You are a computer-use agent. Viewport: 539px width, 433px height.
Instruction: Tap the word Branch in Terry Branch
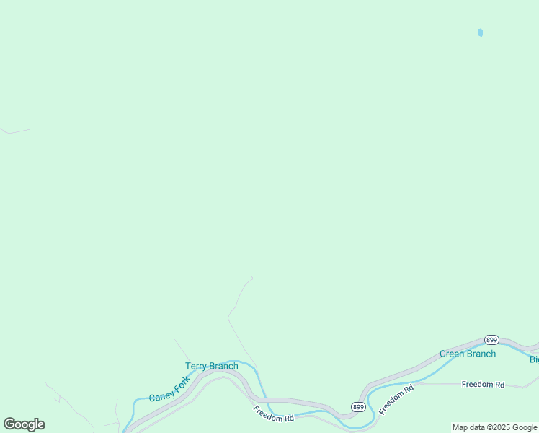[223, 367]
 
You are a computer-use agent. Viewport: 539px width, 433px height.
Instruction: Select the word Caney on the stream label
[161, 394]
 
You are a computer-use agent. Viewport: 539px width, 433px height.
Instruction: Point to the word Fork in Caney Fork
[182, 382]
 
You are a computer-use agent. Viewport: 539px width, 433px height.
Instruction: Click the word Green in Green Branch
[452, 354]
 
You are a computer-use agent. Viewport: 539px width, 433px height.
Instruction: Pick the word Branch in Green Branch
[481, 354]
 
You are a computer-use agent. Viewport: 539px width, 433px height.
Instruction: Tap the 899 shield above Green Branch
[491, 339]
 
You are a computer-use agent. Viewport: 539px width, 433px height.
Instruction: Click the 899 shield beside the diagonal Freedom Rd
[358, 407]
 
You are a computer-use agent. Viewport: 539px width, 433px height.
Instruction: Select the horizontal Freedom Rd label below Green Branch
[483, 385]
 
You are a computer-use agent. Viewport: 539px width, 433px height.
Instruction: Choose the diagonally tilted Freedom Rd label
[396, 399]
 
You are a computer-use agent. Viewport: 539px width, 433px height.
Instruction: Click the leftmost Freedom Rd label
[274, 414]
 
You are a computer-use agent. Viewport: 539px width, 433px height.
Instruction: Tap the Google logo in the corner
[24, 424]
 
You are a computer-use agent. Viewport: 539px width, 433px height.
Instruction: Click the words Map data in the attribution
[468, 428]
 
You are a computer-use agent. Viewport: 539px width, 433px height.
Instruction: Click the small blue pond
[480, 32]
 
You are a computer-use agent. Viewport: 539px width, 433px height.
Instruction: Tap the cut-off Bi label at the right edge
[534, 359]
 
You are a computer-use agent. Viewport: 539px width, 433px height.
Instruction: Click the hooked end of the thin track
[251, 278]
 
